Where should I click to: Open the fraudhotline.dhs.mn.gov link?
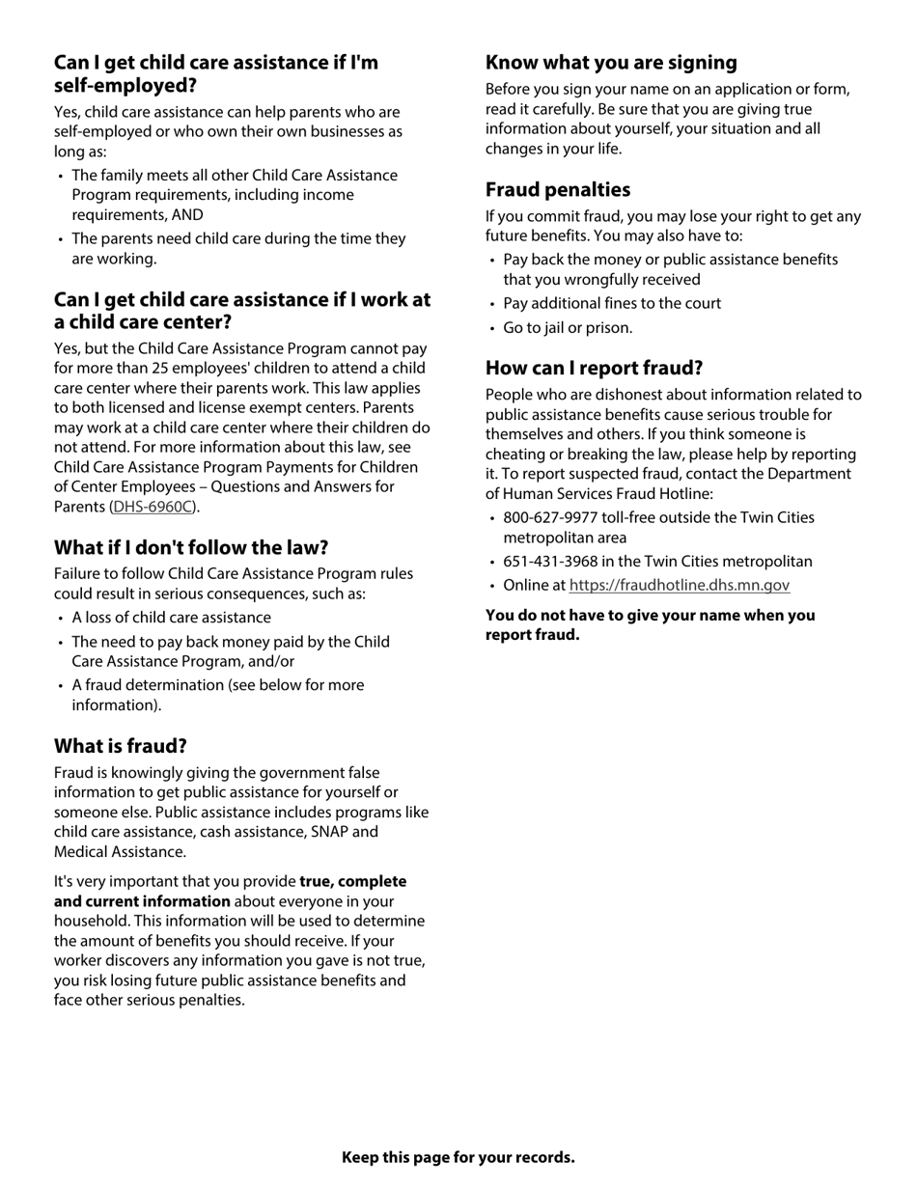[x=679, y=585]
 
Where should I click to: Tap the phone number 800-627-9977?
[x=548, y=518]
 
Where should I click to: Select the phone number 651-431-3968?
[x=548, y=562]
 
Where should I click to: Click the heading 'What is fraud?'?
[x=121, y=746]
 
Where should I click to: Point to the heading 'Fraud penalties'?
[x=558, y=189]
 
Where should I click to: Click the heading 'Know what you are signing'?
[x=611, y=63]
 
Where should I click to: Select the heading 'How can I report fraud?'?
[x=594, y=368]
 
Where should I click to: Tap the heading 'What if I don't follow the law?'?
[x=191, y=547]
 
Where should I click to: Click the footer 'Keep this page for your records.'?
[x=458, y=1157]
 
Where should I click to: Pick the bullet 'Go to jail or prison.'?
[x=568, y=328]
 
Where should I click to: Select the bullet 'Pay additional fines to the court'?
[x=612, y=304]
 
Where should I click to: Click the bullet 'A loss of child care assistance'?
[x=171, y=618]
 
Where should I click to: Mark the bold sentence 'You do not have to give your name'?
[x=650, y=616]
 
